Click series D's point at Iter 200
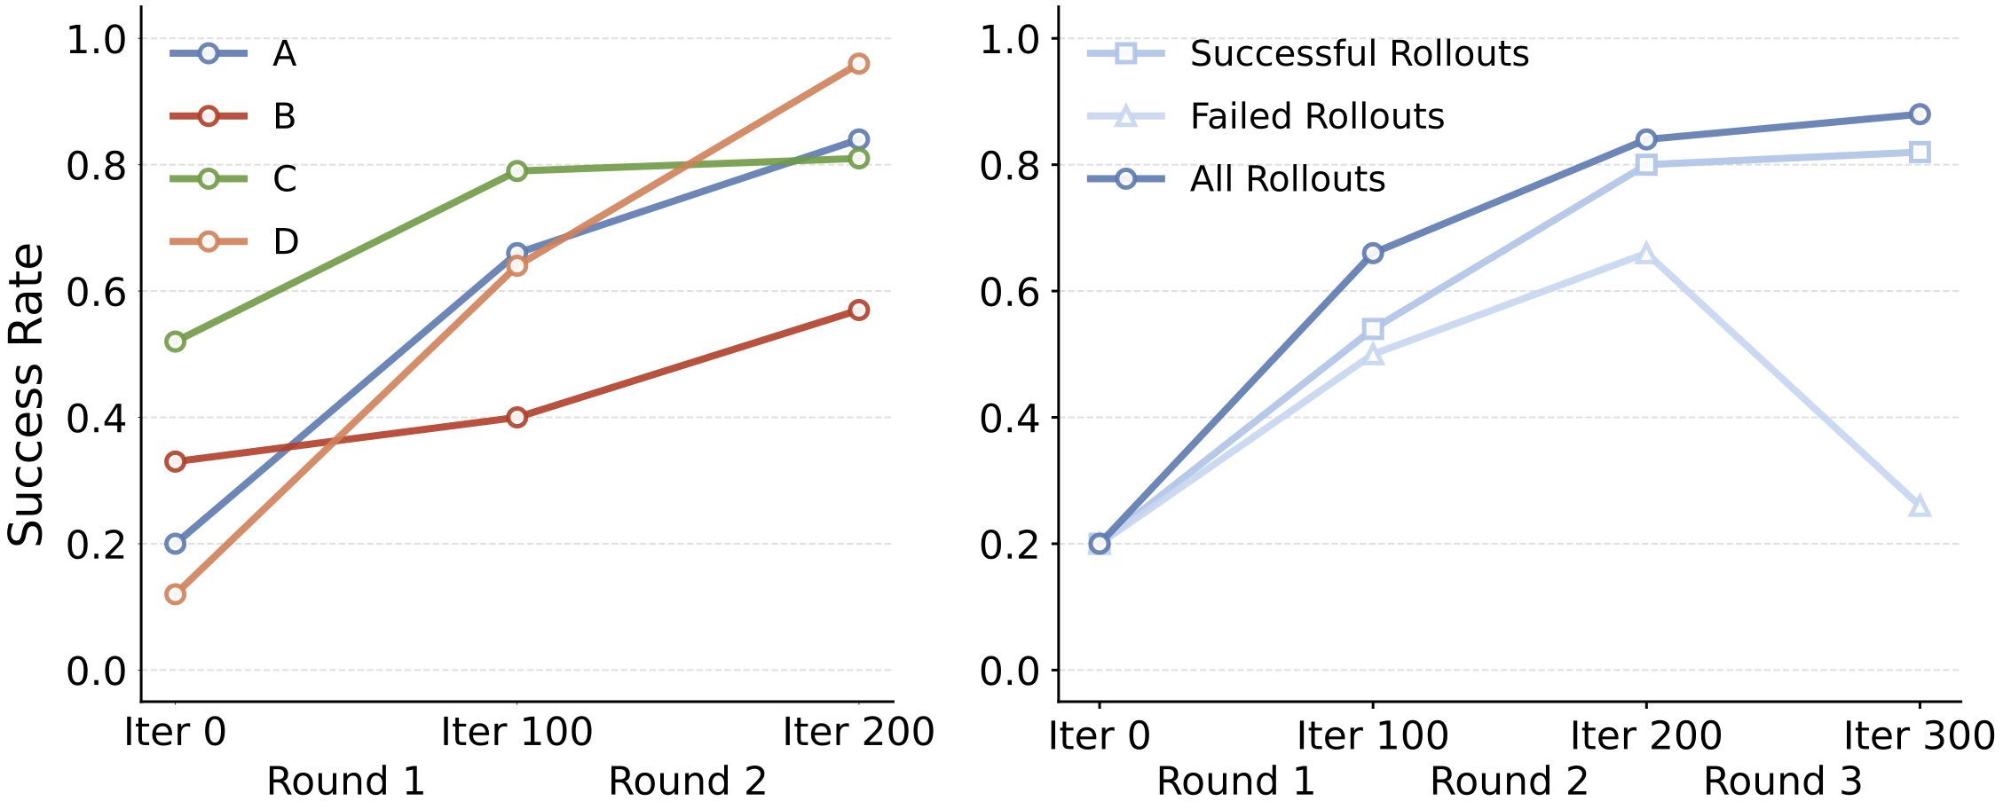pos(858,64)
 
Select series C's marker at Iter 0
pos(176,342)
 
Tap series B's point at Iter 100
pos(517,417)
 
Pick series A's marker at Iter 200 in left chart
pos(858,139)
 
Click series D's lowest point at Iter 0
pos(176,594)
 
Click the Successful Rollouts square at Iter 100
pos(1373,329)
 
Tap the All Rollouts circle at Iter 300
pos(1920,114)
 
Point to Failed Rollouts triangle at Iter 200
pos(1646,254)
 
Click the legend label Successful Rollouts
pos(1359,54)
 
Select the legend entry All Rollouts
pos(1287,179)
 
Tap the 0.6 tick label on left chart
pos(97,292)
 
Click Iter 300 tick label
pos(1919,735)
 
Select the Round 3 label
pos(1782,782)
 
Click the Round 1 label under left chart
pos(346,782)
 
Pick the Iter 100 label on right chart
pos(1372,735)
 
